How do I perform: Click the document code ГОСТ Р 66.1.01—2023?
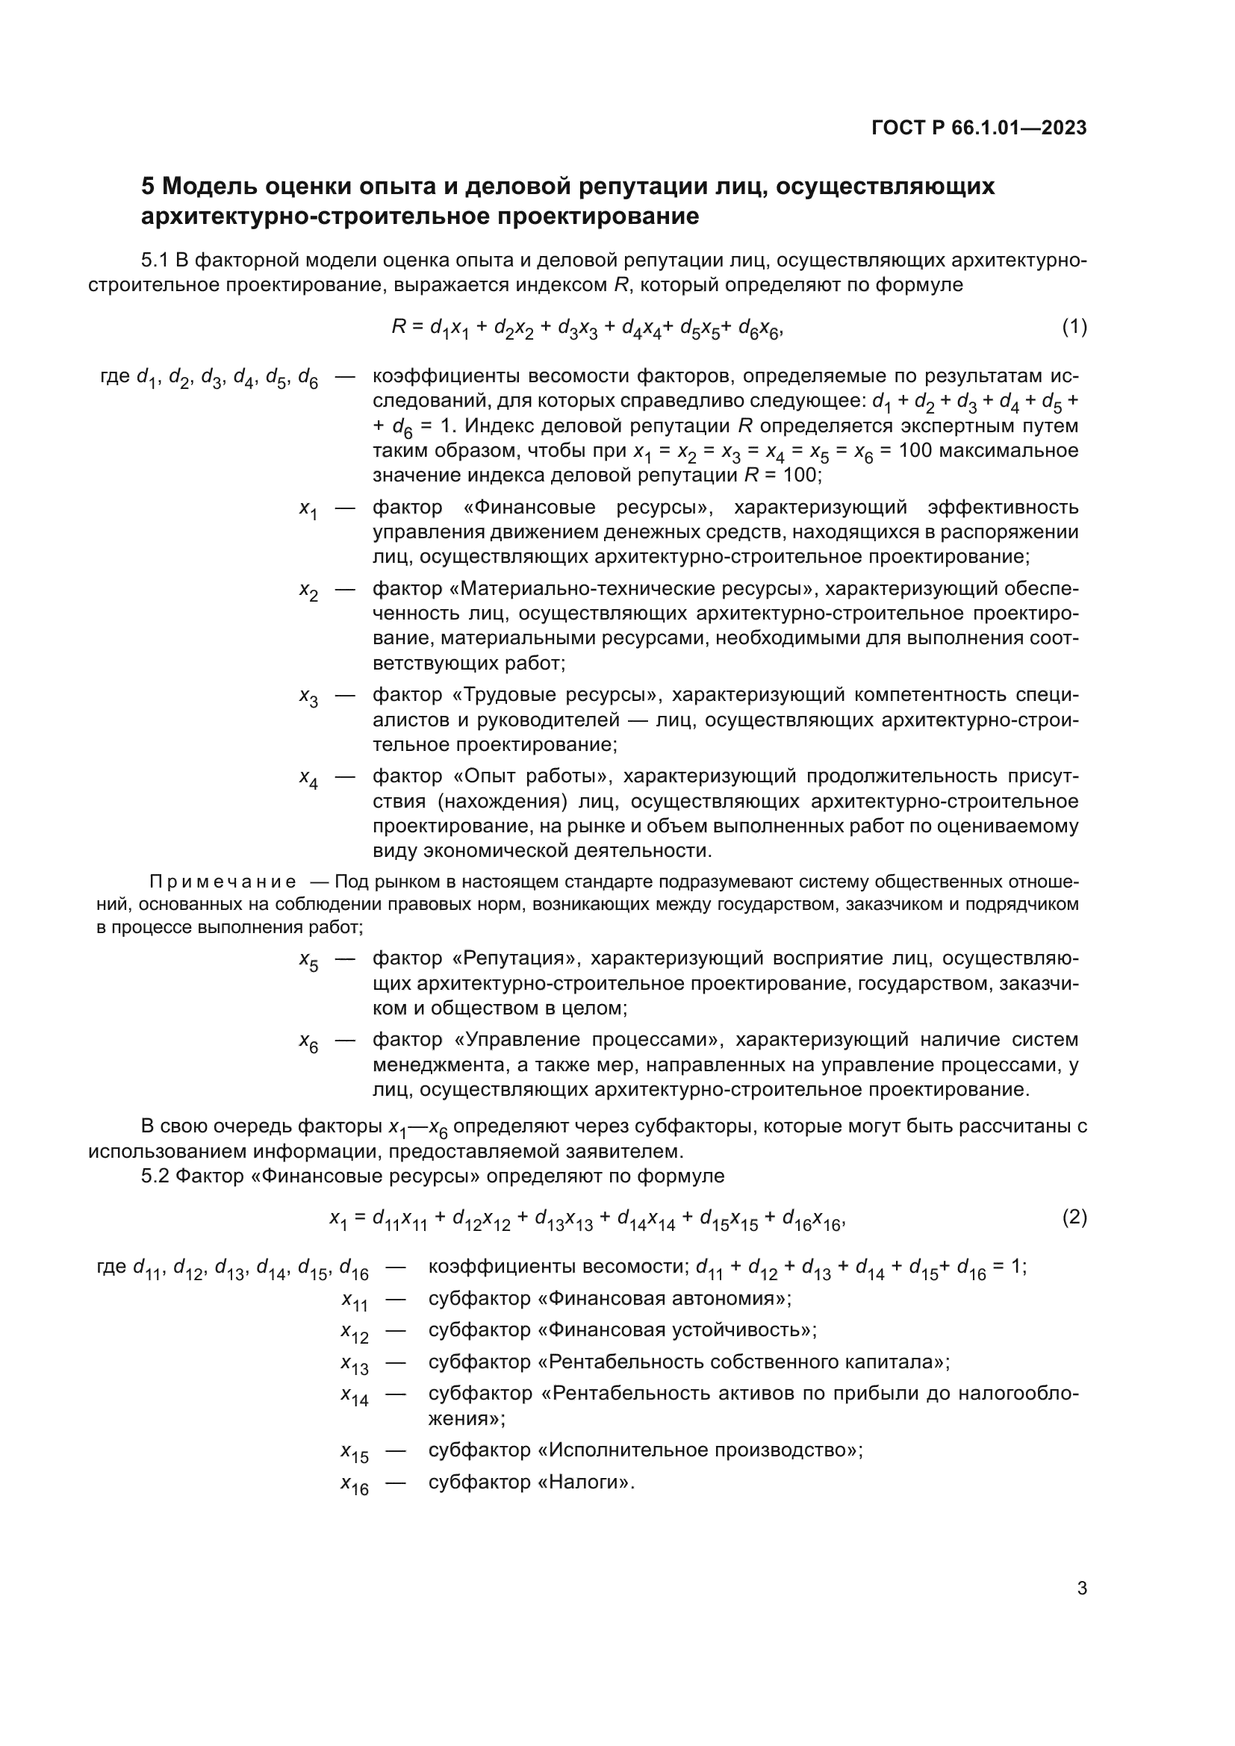(979, 128)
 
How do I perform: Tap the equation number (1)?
(1074, 327)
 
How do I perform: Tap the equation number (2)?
(1074, 1217)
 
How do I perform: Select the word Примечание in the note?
(223, 882)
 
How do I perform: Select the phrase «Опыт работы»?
(532, 776)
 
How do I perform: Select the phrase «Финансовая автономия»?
(664, 1298)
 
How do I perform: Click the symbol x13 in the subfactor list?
(355, 1364)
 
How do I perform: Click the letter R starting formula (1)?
(399, 327)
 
